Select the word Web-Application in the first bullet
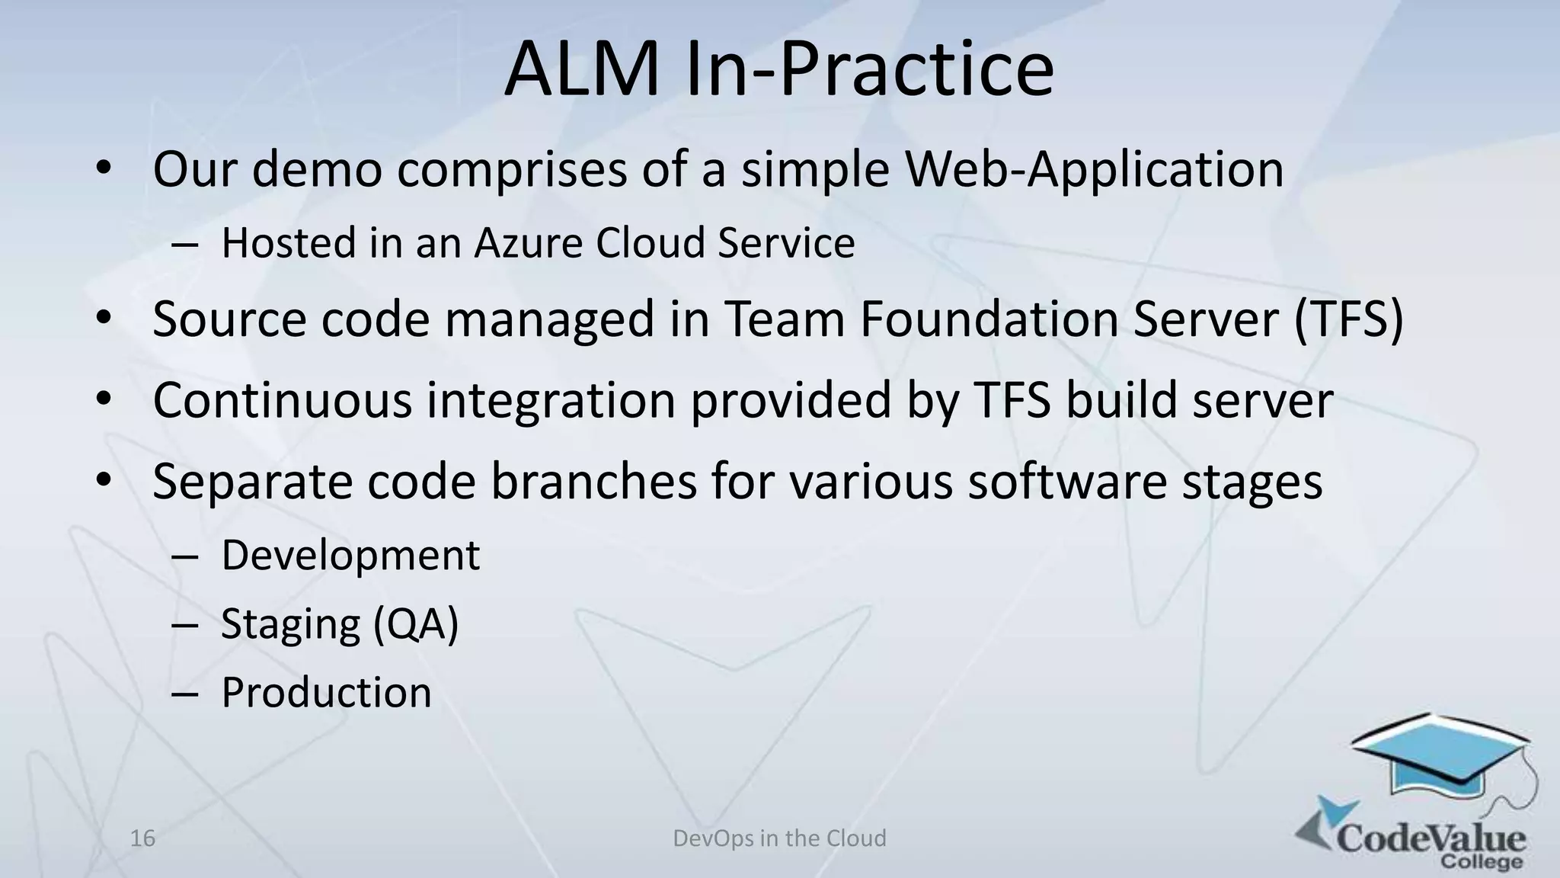tap(1094, 169)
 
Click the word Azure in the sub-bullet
tap(530, 244)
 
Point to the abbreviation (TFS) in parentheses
tap(1348, 320)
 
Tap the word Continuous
tap(282, 400)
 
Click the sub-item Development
tap(350, 556)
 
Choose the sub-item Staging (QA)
tap(340, 625)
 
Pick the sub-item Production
tap(326, 693)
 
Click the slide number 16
tap(142, 838)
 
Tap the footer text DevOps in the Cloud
tap(779, 838)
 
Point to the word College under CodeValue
tap(1482, 862)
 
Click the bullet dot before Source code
tap(104, 319)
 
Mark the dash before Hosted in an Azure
tap(184, 245)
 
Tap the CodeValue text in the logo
tap(1432, 838)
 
